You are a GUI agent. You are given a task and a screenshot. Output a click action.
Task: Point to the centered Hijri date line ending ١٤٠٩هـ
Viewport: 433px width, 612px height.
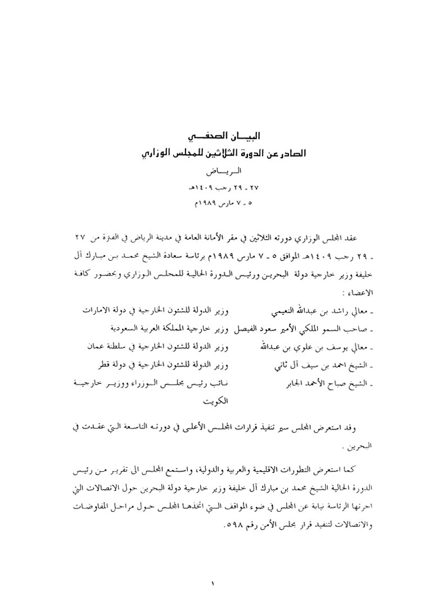(x=216, y=186)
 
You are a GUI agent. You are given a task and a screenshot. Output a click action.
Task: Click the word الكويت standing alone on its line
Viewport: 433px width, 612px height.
(x=216, y=401)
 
